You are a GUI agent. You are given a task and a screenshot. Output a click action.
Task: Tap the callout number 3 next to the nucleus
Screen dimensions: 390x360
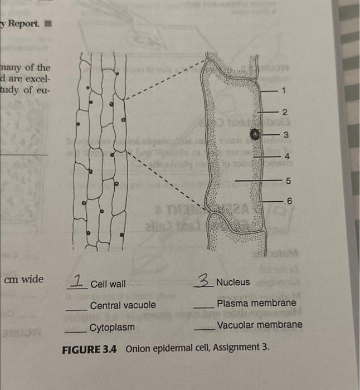pos(286,135)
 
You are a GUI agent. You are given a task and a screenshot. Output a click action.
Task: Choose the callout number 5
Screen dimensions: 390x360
pos(288,181)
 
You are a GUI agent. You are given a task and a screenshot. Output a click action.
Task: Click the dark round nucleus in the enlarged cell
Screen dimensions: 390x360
pos(255,134)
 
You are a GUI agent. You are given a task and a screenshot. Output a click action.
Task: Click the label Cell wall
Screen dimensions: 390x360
pos(108,284)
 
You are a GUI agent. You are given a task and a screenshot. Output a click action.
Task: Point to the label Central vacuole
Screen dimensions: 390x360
pos(123,305)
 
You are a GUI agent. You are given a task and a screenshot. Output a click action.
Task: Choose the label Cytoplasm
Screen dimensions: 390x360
pos(112,327)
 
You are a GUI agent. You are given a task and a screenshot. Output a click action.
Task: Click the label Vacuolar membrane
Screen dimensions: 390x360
pos(260,324)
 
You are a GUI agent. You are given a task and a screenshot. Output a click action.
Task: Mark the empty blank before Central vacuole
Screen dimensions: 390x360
pos(76,309)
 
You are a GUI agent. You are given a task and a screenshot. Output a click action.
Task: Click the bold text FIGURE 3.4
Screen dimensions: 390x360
pos(91,348)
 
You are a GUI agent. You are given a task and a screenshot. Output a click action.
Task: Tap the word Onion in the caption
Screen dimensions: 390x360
pos(139,348)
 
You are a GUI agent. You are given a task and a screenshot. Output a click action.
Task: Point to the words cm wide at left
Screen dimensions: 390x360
pos(23,279)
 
